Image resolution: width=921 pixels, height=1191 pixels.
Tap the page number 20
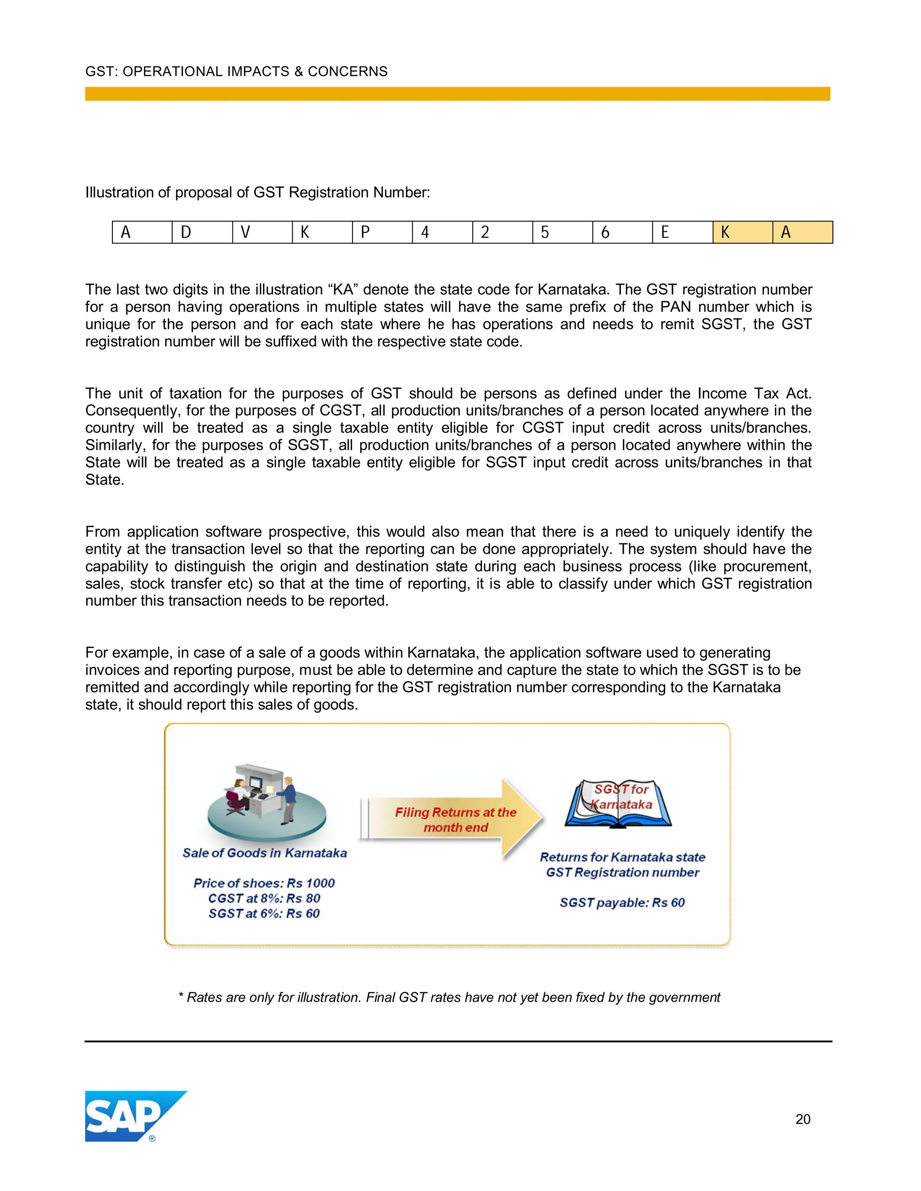click(x=803, y=1119)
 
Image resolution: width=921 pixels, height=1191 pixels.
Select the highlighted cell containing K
click(x=742, y=232)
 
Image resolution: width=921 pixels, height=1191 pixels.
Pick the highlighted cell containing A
click(x=803, y=232)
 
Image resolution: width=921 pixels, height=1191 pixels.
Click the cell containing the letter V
click(x=263, y=232)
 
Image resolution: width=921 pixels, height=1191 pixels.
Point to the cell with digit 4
click(x=443, y=232)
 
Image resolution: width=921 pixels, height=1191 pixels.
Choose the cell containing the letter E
click(x=683, y=232)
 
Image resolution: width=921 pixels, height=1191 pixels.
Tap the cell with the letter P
click(x=383, y=232)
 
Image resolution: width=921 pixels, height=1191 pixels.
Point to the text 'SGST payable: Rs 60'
click(x=622, y=902)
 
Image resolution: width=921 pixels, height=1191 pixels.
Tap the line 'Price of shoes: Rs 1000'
click(x=264, y=883)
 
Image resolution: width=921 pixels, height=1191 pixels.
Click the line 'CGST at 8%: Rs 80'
click(x=264, y=898)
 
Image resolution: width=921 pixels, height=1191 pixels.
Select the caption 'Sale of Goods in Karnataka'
click(x=264, y=853)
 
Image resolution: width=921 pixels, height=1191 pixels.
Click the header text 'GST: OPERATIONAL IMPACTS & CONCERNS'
click(x=236, y=71)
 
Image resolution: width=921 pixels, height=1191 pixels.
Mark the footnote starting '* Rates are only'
click(x=449, y=997)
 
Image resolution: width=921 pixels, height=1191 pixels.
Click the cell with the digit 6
click(x=622, y=232)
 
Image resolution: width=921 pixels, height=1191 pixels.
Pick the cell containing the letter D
click(x=202, y=232)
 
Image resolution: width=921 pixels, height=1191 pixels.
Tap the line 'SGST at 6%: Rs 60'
click(x=264, y=913)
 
